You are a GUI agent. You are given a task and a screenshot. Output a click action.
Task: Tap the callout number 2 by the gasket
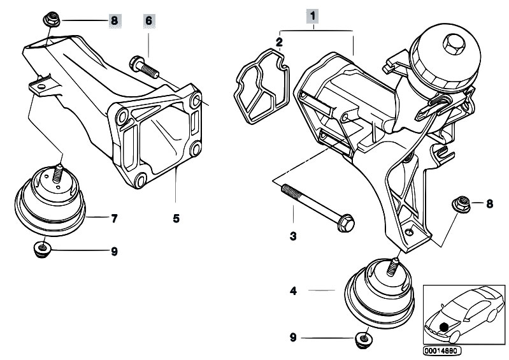point(279,42)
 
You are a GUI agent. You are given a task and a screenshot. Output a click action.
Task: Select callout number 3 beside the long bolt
point(293,236)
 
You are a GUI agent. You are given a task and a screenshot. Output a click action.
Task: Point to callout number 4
point(293,291)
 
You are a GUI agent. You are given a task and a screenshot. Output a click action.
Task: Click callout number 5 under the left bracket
point(176,218)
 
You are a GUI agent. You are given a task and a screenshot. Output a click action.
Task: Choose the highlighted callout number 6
point(149,20)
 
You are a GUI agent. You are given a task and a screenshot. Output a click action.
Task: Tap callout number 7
point(114,219)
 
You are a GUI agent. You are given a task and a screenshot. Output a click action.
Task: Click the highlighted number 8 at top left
point(114,20)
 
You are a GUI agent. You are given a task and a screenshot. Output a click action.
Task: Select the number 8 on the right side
point(489,204)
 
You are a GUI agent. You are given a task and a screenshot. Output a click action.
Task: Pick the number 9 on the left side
point(114,252)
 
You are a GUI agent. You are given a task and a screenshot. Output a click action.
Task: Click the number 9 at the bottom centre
point(293,337)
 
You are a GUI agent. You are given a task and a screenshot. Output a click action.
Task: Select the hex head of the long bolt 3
point(347,224)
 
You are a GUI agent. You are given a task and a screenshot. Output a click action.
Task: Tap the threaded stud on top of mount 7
point(57,172)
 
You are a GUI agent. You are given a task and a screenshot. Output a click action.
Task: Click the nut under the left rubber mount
point(41,247)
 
